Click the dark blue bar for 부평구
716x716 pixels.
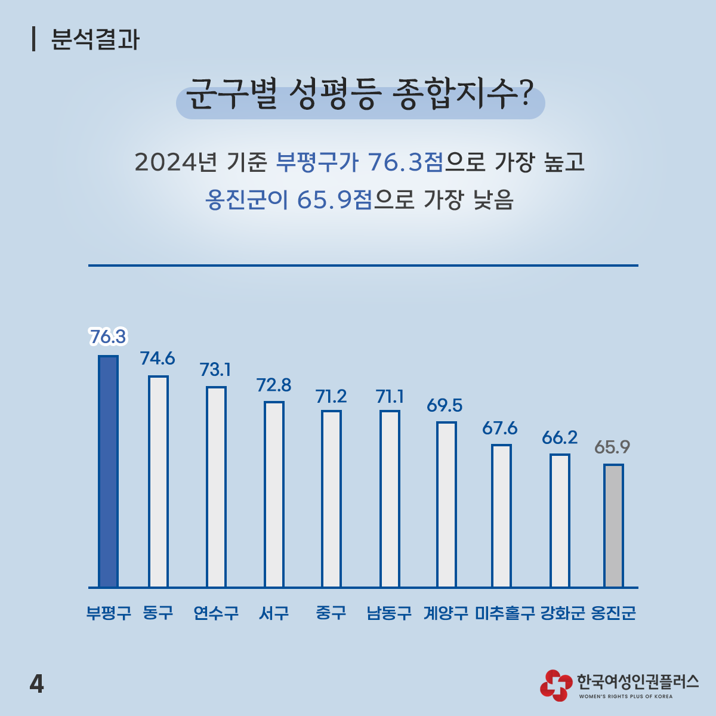[108, 471]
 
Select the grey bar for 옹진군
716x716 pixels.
[613, 526]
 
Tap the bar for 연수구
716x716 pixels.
[216, 487]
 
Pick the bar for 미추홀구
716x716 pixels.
[501, 516]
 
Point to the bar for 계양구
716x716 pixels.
[446, 505]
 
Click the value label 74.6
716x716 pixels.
[158, 358]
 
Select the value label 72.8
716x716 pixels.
[274, 385]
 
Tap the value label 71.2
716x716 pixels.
[331, 396]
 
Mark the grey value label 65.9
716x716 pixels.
[612, 447]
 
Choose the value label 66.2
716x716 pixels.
[560, 437]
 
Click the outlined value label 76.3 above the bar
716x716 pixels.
[108, 337]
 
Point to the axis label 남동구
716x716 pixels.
[389, 613]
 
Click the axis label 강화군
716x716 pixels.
[563, 613]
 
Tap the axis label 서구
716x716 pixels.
[274, 613]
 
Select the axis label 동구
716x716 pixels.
[158, 613]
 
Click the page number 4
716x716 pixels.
[36, 684]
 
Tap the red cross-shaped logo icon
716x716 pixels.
[555, 684]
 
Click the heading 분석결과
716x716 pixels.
[95, 40]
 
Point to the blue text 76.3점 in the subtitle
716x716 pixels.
[406, 162]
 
